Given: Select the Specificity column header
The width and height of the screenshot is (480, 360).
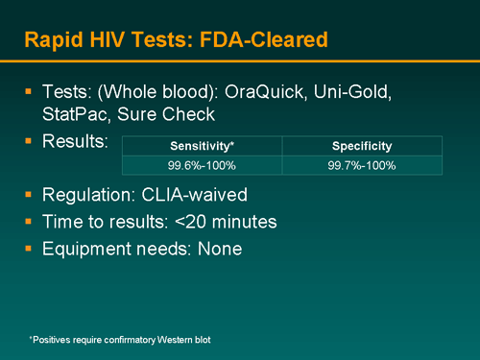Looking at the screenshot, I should pos(362,147).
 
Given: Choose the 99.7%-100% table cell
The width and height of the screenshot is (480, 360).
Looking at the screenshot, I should pos(362,165).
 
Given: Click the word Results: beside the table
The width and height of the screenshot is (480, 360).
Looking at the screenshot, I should pos(75,142).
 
